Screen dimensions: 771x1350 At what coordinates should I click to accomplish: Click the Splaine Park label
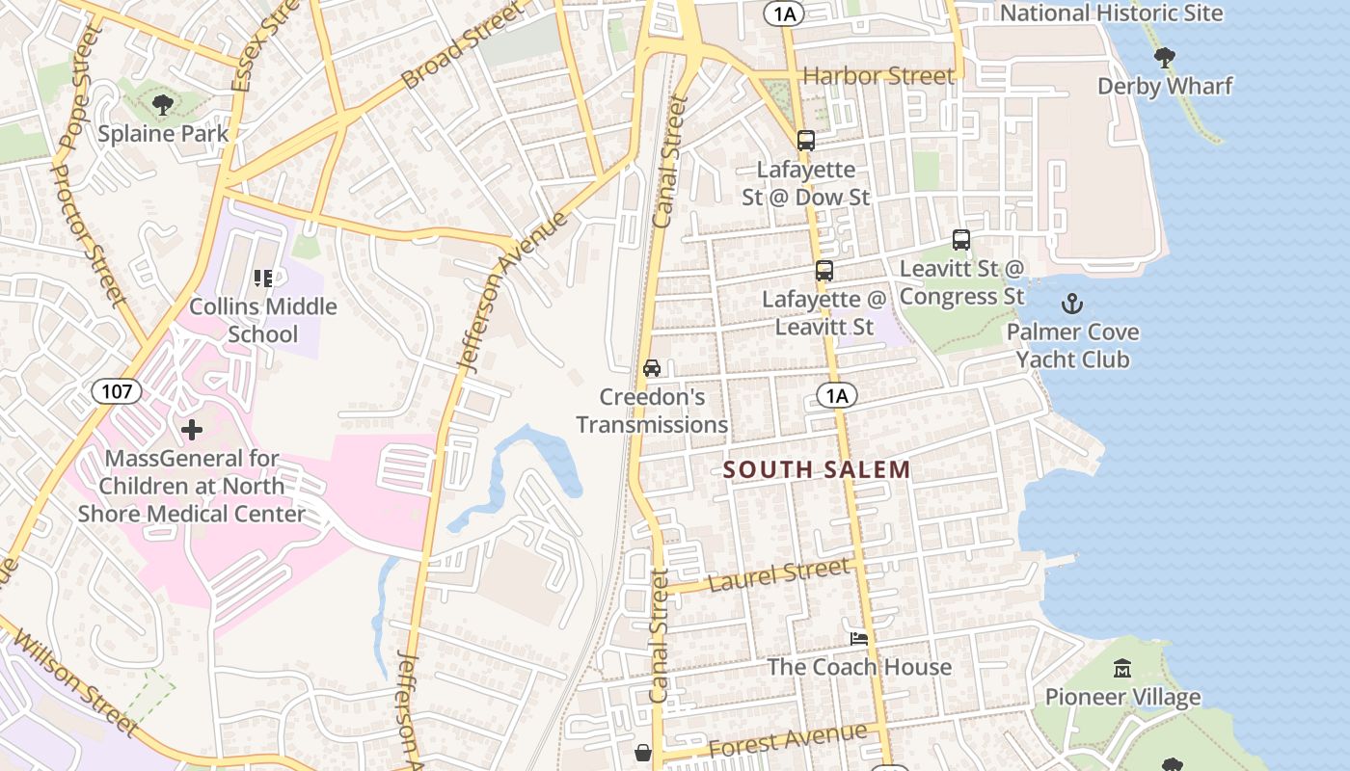point(163,133)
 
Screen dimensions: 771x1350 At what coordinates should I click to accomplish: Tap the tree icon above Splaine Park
point(163,104)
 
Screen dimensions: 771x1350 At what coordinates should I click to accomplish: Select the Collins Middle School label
point(262,320)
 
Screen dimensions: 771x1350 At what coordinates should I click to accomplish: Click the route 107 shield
point(117,391)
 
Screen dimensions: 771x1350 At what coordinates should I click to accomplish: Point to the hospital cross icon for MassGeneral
point(192,429)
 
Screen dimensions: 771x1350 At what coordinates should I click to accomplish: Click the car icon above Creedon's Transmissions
point(652,368)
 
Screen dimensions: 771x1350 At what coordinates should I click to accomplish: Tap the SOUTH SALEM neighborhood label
point(817,470)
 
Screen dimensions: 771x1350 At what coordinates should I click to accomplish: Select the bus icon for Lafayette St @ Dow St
point(806,141)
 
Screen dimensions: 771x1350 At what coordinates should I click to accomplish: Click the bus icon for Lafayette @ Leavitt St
point(823,271)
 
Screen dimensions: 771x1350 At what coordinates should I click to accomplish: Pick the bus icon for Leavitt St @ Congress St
point(960,240)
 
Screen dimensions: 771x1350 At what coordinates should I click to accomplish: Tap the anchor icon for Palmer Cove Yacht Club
point(1072,305)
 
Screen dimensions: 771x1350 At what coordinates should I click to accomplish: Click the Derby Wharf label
point(1165,86)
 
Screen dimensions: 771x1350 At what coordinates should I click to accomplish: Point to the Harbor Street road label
point(877,75)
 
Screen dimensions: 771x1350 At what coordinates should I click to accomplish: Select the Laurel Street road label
point(779,574)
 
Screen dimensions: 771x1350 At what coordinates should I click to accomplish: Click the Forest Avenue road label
point(787,741)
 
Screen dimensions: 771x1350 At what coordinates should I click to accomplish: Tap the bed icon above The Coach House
point(858,638)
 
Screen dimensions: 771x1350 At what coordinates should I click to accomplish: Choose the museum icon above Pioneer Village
point(1122,668)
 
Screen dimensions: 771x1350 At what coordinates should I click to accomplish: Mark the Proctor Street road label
point(88,235)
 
